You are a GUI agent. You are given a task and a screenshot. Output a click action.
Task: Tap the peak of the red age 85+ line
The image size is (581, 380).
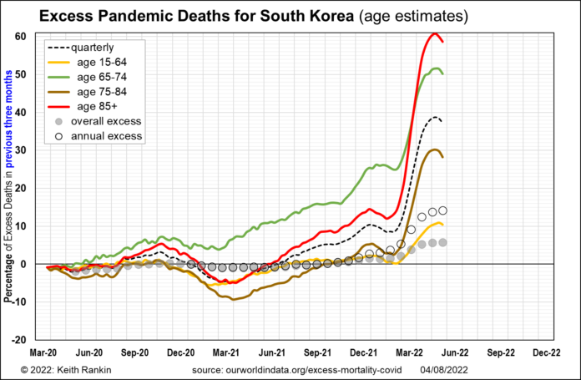[435, 34]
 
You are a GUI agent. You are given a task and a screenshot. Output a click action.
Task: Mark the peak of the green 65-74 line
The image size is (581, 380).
[437, 68]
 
